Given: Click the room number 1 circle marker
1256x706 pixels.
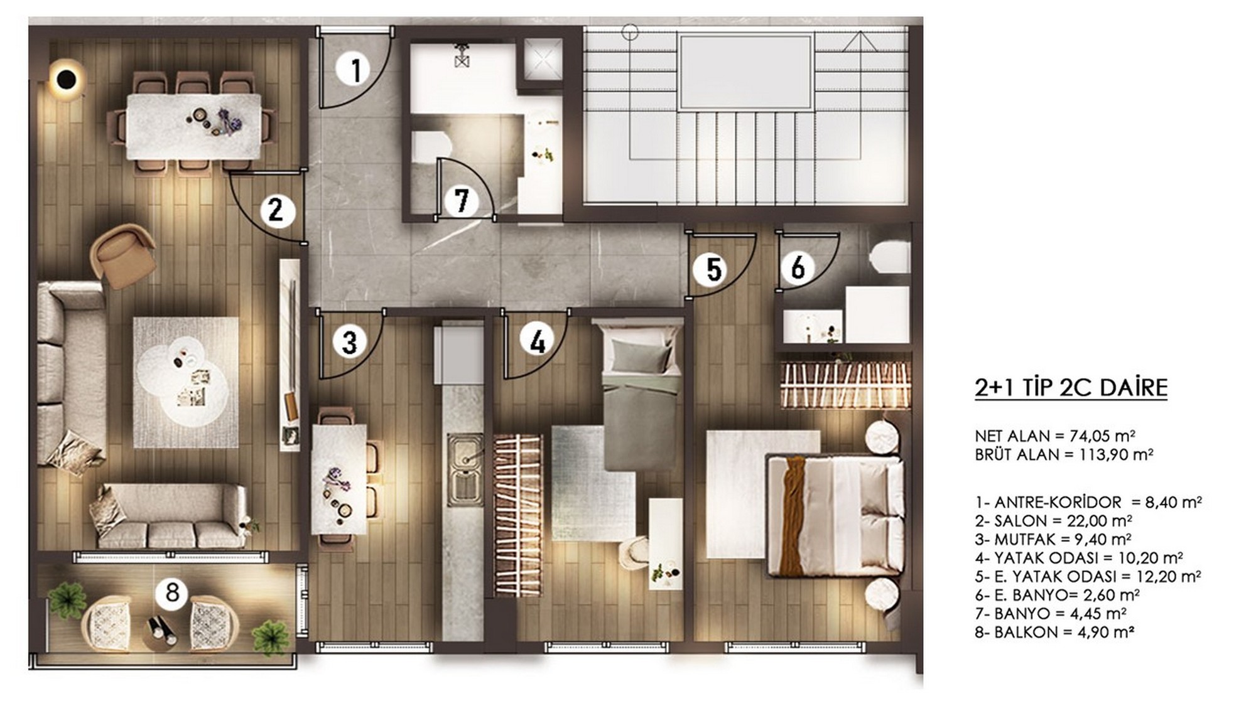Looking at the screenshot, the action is (x=356, y=69).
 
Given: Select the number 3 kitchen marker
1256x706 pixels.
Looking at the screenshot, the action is (x=349, y=342).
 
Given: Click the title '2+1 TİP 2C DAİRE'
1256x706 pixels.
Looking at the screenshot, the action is (x=1071, y=387).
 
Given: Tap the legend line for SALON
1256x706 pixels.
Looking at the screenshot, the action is (x=1053, y=521).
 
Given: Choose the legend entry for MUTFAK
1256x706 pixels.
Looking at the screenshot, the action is (x=1053, y=539).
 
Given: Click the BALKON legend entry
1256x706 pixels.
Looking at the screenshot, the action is (x=1054, y=632).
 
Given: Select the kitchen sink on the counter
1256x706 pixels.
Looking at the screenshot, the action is (x=465, y=468).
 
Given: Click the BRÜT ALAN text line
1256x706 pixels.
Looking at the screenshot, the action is (x=1064, y=454).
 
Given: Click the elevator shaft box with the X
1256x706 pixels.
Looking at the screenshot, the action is (x=543, y=62).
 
